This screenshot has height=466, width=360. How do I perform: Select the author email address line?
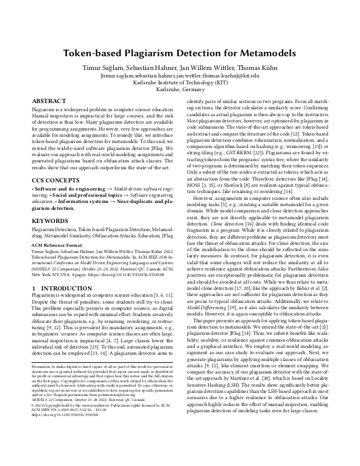pos(180,75)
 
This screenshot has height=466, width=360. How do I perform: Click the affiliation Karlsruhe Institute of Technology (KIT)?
pos(180,82)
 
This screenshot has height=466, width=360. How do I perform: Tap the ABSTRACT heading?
pos(49,101)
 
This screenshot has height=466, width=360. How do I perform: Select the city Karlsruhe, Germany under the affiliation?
pos(180,89)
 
